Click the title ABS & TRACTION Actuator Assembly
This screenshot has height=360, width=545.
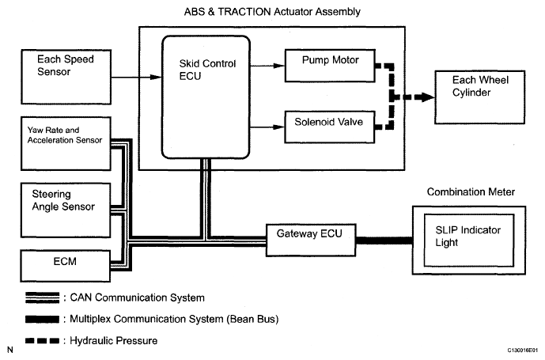click(271, 11)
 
